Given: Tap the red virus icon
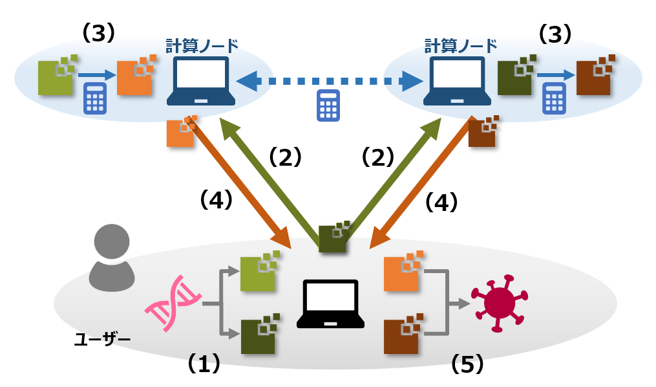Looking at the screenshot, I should (x=499, y=302).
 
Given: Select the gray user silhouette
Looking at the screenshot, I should (x=112, y=258).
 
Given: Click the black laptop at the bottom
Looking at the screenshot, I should (x=330, y=304).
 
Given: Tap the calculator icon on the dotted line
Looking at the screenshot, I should (x=328, y=105).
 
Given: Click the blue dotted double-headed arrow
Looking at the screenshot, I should (x=328, y=82).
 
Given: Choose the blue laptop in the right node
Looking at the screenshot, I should (x=454, y=81).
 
